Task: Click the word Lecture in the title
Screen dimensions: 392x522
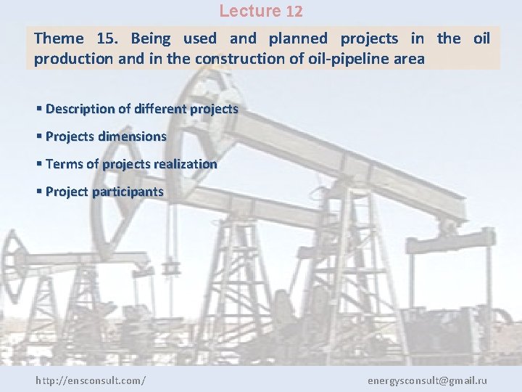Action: [x=249, y=12]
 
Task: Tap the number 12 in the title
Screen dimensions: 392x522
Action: [x=294, y=12]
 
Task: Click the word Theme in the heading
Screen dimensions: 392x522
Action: [x=59, y=38]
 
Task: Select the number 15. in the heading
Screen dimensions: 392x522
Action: [x=107, y=38]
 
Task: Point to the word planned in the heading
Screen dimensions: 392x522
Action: [x=298, y=38]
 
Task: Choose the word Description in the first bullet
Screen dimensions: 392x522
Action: [x=80, y=109]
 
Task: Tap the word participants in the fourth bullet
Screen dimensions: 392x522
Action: [x=128, y=192]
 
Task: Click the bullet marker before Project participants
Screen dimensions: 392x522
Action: [x=38, y=192]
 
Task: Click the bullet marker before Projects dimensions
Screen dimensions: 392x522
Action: [x=38, y=136]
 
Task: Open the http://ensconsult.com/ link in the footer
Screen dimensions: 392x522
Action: [x=91, y=380]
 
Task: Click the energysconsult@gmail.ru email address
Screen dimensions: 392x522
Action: [x=427, y=380]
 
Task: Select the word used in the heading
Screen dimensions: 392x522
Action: [x=199, y=38]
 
